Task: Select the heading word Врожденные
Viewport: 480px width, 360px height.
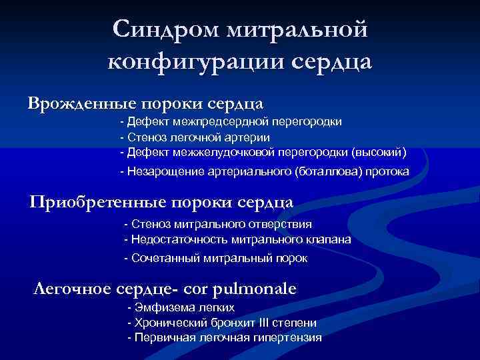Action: coord(79,104)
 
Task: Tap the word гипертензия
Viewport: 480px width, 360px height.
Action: coord(291,337)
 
